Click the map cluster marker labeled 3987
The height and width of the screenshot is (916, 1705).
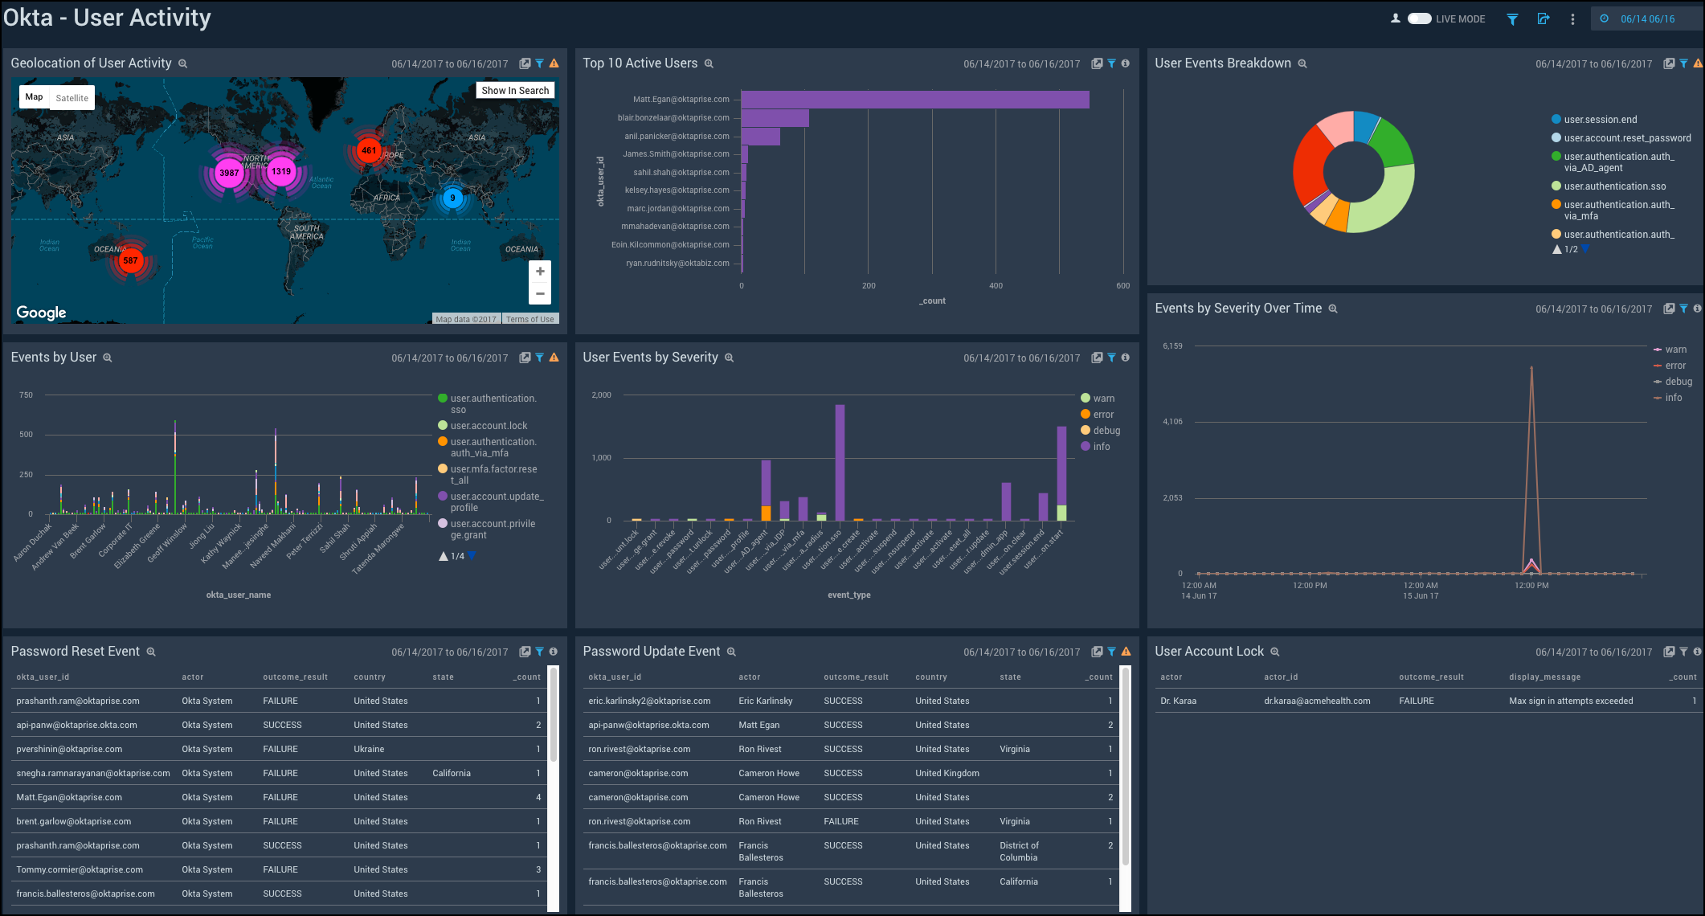click(x=229, y=173)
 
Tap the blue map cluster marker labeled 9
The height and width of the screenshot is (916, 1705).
click(x=452, y=198)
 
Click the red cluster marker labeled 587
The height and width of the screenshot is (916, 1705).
click(x=130, y=260)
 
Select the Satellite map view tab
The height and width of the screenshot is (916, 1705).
click(x=72, y=98)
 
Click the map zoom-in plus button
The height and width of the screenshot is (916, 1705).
click(x=540, y=272)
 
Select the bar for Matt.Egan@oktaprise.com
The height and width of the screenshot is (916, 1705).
click(x=914, y=100)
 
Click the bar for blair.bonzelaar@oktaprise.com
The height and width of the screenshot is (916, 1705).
click(x=775, y=118)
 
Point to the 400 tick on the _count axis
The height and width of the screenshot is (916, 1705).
click(x=996, y=286)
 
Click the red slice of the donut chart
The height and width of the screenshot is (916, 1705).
click(x=1309, y=169)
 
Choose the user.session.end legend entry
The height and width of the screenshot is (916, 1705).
click(x=1600, y=120)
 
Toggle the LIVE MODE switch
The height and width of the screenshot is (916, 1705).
click(x=1419, y=18)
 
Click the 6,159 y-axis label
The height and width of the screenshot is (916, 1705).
click(x=1172, y=346)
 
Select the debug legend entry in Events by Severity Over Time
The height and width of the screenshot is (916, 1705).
click(x=1678, y=382)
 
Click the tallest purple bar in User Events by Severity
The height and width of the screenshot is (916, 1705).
click(x=840, y=462)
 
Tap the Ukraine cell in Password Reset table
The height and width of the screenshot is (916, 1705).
click(x=369, y=749)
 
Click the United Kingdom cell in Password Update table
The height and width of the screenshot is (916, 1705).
click(x=947, y=773)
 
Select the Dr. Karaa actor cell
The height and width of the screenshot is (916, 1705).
click(x=1178, y=701)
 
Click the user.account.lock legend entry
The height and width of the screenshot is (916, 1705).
click(x=489, y=426)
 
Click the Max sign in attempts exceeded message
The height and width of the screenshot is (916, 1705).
click(x=1570, y=701)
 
